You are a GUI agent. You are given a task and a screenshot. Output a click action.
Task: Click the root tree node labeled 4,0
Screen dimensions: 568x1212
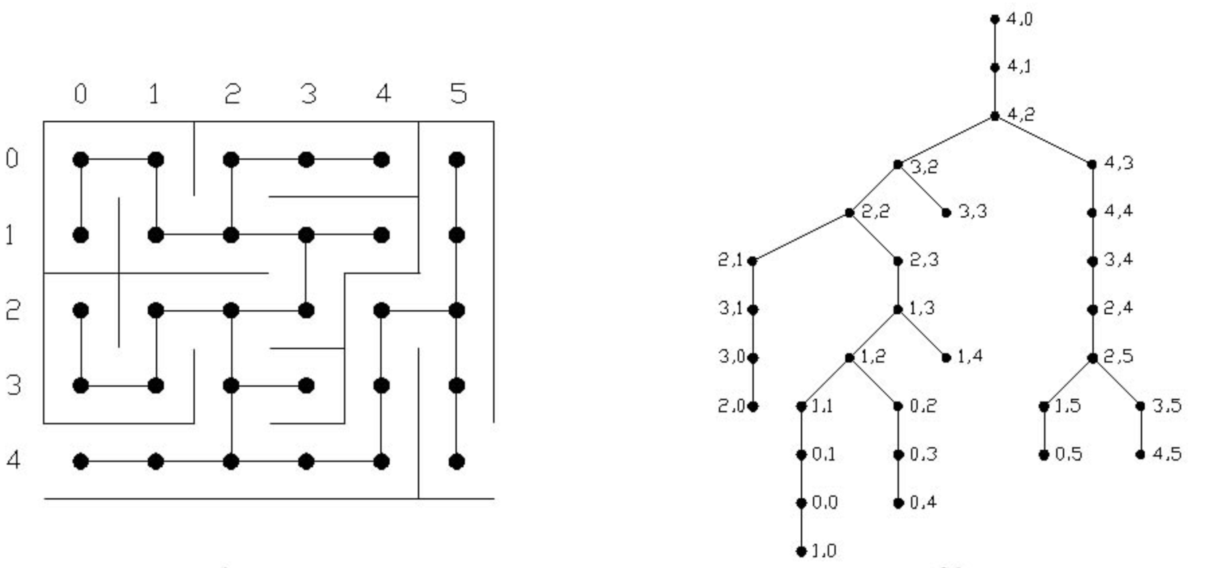pos(995,19)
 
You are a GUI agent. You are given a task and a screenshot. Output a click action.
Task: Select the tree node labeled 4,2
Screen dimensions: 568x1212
pos(995,116)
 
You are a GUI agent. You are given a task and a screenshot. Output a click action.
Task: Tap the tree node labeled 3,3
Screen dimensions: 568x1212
pos(946,213)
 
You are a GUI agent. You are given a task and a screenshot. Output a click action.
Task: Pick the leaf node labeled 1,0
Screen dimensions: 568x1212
pos(801,551)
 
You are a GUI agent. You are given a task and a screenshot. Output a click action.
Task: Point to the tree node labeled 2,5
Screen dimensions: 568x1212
pos(1092,358)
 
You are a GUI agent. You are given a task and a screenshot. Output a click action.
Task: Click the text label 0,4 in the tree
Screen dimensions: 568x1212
pos(923,502)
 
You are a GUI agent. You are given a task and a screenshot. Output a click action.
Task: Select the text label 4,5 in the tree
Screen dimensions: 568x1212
pos(1167,454)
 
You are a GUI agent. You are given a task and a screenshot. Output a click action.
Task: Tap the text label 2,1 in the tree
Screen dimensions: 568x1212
pos(730,260)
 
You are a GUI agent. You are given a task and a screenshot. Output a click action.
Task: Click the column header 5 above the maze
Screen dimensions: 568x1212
pos(458,93)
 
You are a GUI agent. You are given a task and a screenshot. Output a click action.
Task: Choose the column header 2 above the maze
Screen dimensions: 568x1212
pos(232,93)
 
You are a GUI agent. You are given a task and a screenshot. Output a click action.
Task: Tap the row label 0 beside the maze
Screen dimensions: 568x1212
pos(12,159)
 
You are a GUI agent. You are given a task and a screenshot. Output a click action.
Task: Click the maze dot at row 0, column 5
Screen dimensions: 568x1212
pos(457,160)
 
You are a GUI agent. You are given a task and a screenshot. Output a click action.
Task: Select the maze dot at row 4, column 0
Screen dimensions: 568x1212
pos(81,461)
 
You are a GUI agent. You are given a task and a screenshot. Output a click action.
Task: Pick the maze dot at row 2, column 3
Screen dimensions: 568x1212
pos(306,310)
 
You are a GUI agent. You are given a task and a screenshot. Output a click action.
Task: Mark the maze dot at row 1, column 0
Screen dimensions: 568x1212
pos(81,235)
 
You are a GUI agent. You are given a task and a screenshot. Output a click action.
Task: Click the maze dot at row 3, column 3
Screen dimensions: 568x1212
pos(306,385)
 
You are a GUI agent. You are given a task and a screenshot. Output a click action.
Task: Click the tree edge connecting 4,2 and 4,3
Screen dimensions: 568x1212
pos(1043,140)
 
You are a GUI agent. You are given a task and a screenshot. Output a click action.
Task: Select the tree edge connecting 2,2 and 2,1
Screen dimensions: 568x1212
pos(800,237)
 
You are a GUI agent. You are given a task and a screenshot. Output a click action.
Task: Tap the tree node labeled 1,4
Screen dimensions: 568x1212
pos(946,358)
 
